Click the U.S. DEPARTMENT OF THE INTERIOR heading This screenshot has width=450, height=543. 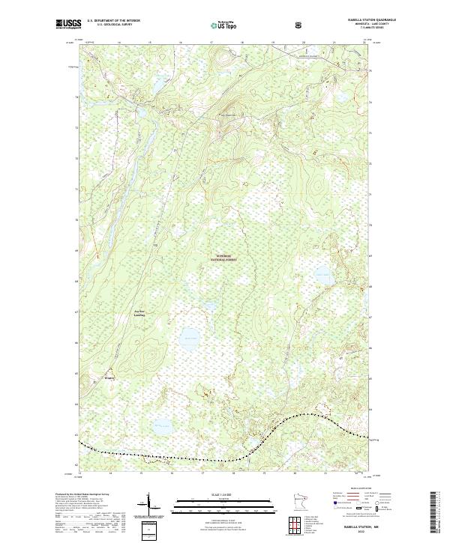tap(113, 20)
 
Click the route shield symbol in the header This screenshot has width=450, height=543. tap(300, 25)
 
